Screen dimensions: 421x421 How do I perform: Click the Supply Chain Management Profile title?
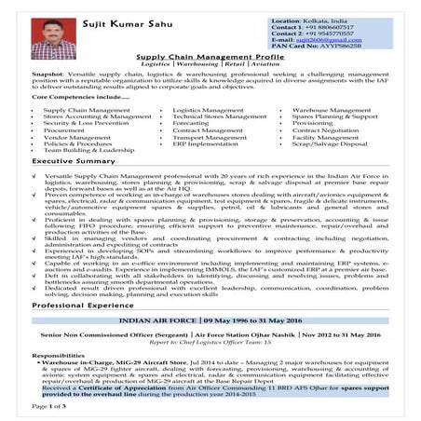(x=210, y=57)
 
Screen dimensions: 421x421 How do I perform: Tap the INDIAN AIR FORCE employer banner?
(x=210, y=319)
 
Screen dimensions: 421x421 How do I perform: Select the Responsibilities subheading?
(x=62, y=356)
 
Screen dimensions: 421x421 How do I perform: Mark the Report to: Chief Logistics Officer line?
(x=210, y=342)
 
